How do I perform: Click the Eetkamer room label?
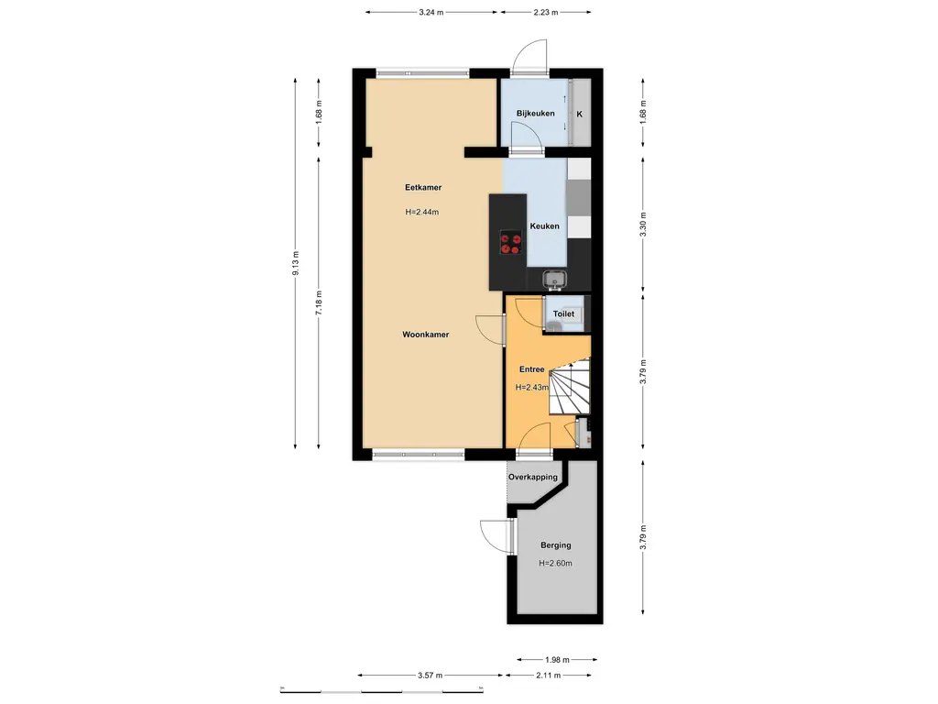pyautogui.click(x=423, y=188)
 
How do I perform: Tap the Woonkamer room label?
pyautogui.click(x=425, y=335)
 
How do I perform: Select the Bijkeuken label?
pyautogui.click(x=535, y=114)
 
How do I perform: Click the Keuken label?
pyautogui.click(x=544, y=225)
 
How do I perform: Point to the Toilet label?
pyautogui.click(x=563, y=314)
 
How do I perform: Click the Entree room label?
pyautogui.click(x=532, y=370)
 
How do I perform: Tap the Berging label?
pyautogui.click(x=555, y=545)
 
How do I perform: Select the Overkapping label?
pyautogui.click(x=533, y=478)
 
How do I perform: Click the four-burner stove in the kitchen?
pyautogui.click(x=511, y=243)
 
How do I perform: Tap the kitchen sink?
pyautogui.click(x=554, y=279)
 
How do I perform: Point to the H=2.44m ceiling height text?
pyautogui.click(x=422, y=213)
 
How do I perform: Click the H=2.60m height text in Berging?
pyautogui.click(x=555, y=564)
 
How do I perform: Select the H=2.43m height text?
pyautogui.click(x=531, y=388)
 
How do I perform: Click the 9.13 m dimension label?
pyautogui.click(x=295, y=263)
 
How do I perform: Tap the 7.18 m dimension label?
pyautogui.click(x=319, y=302)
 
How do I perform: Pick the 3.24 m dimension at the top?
pyautogui.click(x=431, y=13)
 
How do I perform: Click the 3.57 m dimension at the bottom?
pyautogui.click(x=431, y=676)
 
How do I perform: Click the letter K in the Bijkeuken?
pyautogui.click(x=579, y=115)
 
